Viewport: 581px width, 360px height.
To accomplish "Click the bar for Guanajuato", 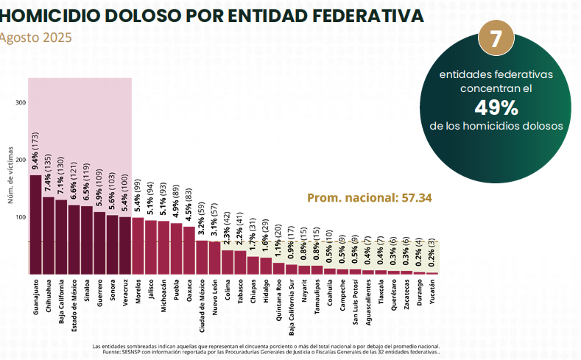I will tap(35, 225).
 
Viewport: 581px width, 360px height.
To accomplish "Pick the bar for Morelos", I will tap(138, 246).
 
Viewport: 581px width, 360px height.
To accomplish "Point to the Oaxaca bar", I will tap(189, 250).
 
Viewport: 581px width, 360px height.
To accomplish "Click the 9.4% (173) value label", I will tap(35, 152).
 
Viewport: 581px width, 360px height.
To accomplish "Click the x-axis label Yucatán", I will tap(432, 294).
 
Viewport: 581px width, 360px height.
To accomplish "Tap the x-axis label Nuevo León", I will tap(214, 297).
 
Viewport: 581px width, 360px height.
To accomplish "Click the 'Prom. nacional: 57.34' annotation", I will tap(369, 197).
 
